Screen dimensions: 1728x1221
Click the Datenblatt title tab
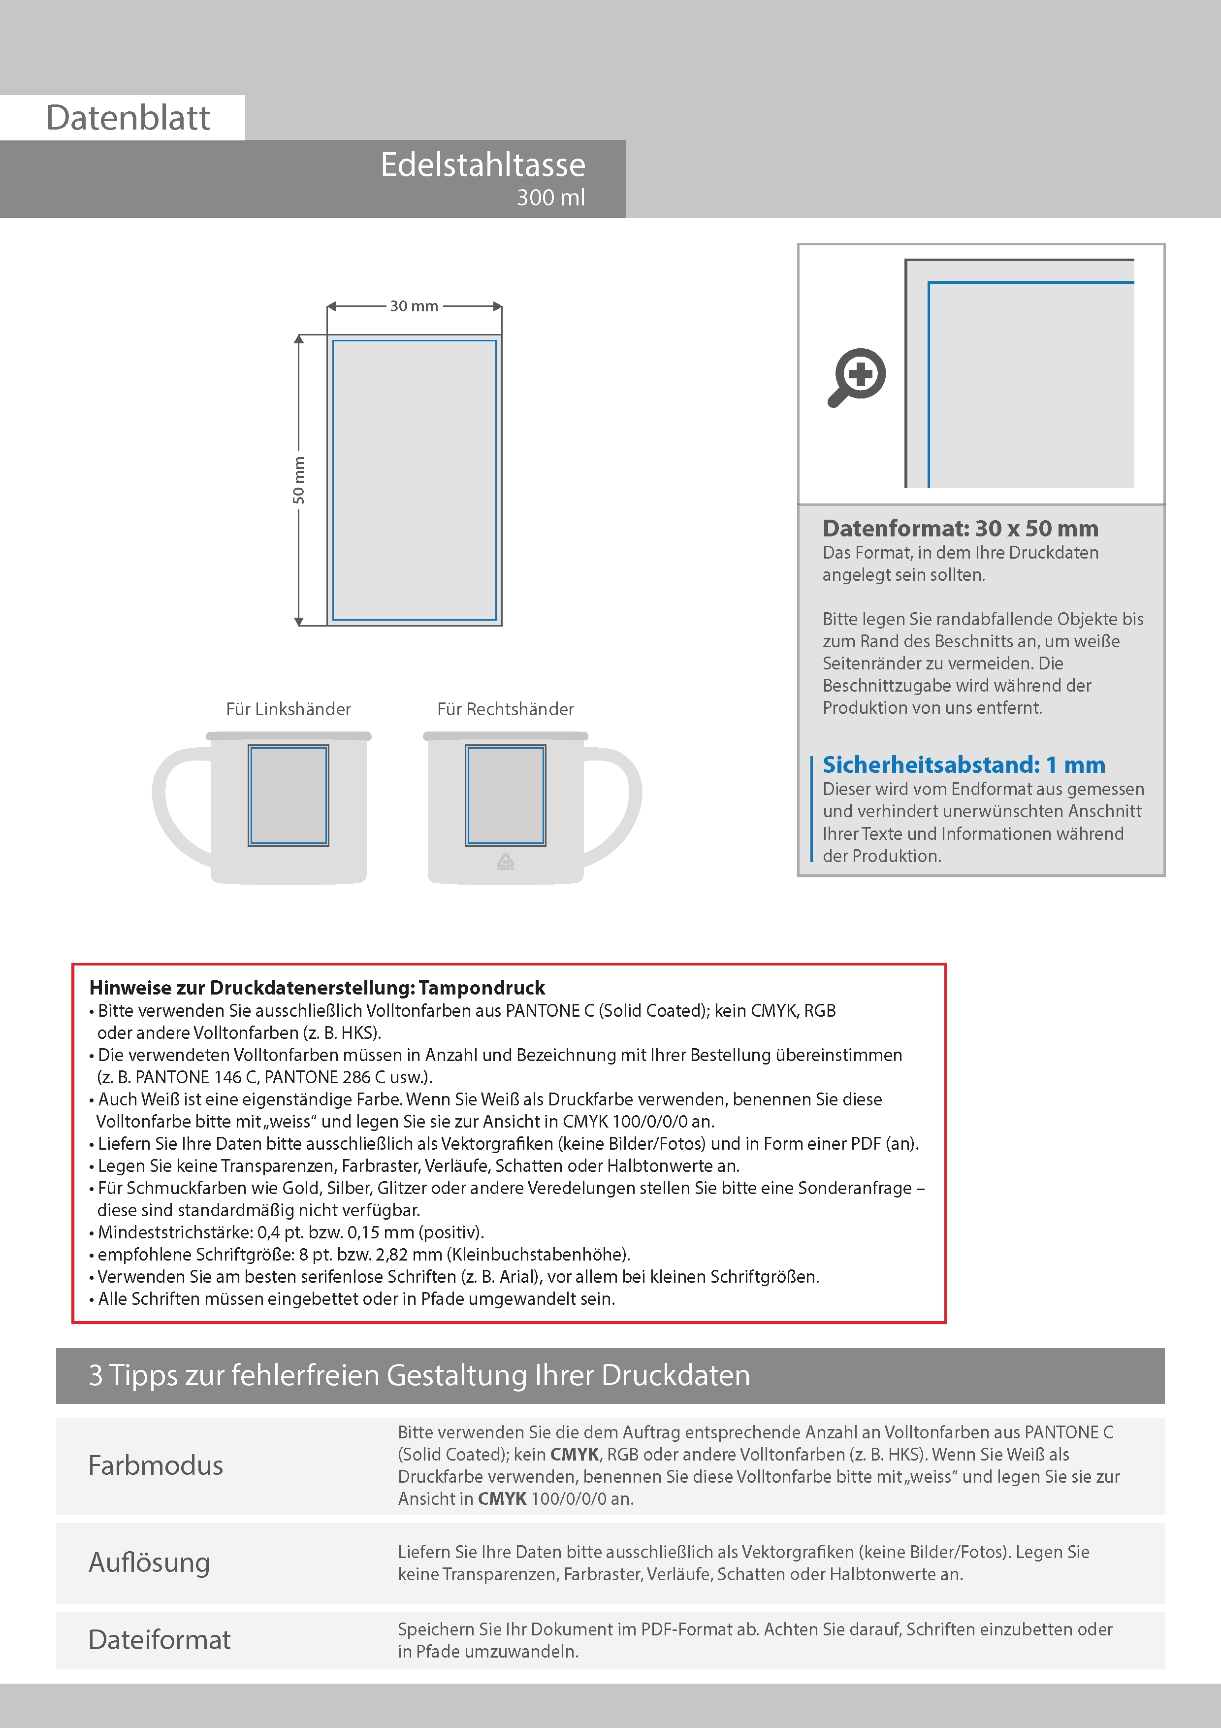tap(128, 117)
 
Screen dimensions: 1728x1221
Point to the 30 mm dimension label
tap(414, 306)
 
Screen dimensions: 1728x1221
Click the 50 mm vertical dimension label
tap(299, 480)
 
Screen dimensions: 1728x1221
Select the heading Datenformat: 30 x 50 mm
tap(960, 529)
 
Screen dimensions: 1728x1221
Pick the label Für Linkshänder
tap(288, 709)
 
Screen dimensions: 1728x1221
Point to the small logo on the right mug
tap(506, 862)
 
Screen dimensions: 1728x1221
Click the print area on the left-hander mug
tap(288, 796)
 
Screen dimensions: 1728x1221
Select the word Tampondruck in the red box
tap(482, 988)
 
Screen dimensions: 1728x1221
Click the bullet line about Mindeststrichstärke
tap(290, 1232)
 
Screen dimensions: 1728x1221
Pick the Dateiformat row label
tap(160, 1639)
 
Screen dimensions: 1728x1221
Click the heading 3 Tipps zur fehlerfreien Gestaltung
tap(419, 1375)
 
